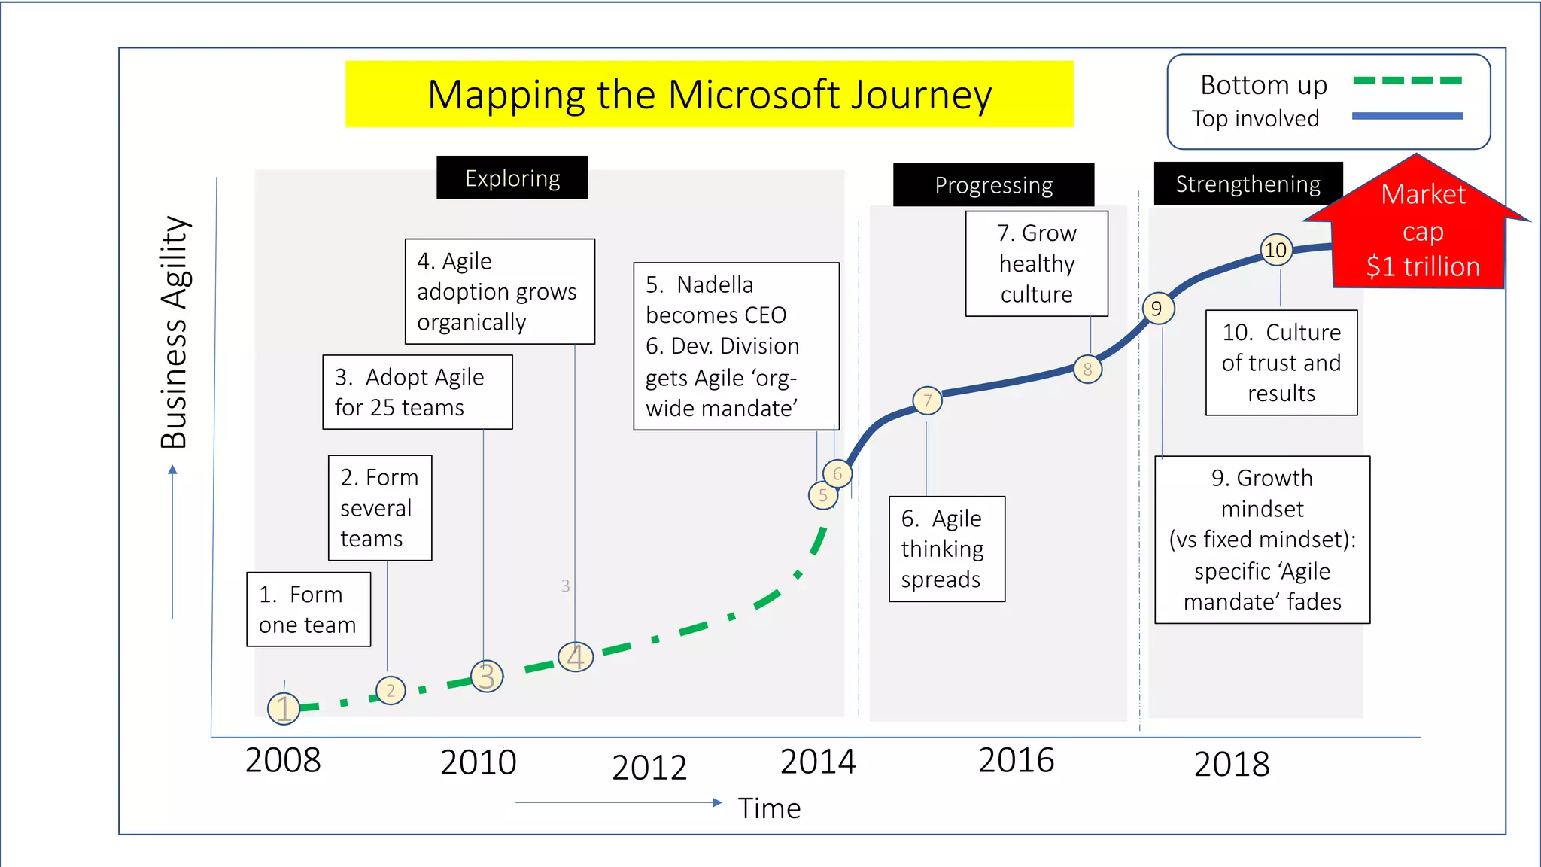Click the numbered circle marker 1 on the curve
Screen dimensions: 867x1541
[284, 708]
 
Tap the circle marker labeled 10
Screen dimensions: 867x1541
[1276, 250]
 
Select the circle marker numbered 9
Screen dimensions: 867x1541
[1158, 308]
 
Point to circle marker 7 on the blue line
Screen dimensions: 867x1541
[927, 400]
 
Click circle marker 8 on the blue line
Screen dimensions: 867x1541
[1088, 369]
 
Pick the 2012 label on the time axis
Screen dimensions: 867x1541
[649, 767]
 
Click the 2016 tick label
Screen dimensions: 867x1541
[1016, 760]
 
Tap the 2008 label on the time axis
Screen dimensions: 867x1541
[283, 760]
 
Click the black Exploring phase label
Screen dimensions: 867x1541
[512, 178]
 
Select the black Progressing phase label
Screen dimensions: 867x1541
[993, 185]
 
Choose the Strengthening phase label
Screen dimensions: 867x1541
[1248, 184]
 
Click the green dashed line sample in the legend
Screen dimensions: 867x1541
[1407, 80]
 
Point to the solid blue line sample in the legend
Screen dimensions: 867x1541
[1407, 116]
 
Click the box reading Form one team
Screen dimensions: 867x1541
[309, 610]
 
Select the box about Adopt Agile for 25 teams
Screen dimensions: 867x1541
[418, 392]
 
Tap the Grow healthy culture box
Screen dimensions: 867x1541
[1037, 263]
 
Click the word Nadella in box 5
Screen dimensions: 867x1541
[715, 284]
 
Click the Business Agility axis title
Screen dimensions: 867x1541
[175, 332]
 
